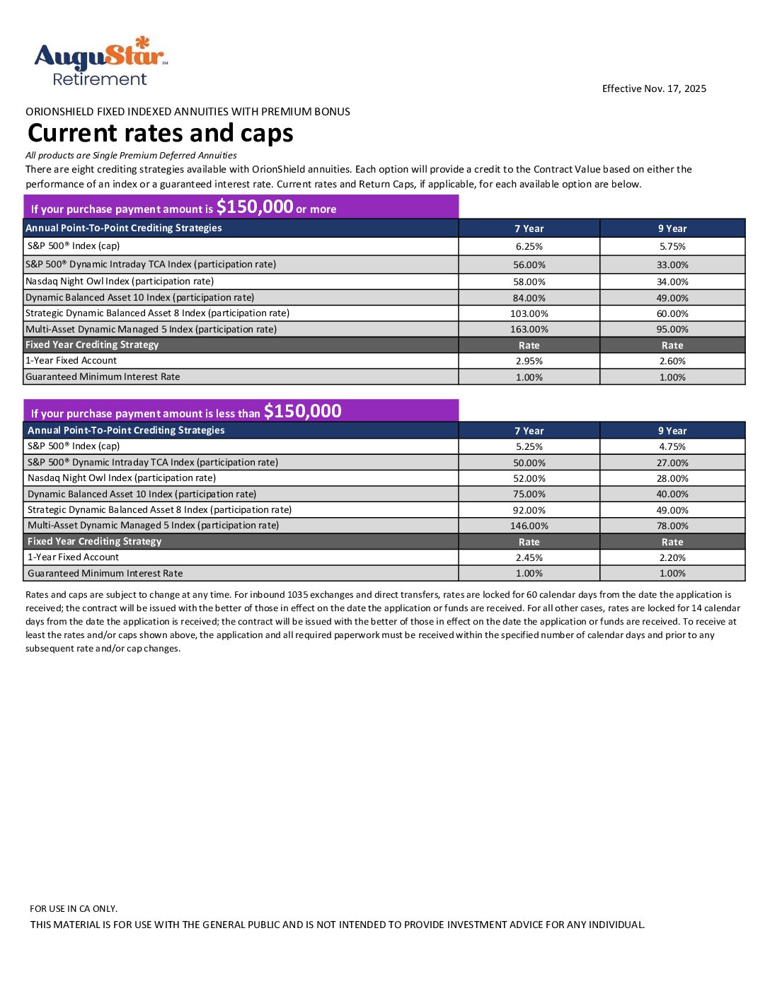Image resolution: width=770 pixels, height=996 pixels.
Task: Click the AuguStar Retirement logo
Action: [x=100, y=62]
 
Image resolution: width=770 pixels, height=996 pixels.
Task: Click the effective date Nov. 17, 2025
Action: [x=654, y=88]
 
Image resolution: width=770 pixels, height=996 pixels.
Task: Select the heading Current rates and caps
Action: [x=160, y=133]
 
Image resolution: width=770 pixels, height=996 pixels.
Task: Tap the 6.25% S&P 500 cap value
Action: [x=529, y=247]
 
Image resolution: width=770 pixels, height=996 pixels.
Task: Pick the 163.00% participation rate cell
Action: [x=529, y=330]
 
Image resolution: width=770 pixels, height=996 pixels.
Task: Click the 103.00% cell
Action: [x=529, y=313]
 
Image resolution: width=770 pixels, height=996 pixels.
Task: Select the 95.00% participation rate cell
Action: [x=672, y=330]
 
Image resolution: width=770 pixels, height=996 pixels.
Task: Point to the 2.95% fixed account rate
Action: [x=529, y=361]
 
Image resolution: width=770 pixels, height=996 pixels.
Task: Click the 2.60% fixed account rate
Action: [x=672, y=361]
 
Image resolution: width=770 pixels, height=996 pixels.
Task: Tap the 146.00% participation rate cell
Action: [x=529, y=526]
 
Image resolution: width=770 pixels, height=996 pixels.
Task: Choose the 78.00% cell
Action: [x=672, y=526]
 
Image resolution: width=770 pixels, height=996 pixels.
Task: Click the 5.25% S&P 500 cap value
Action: [x=529, y=447]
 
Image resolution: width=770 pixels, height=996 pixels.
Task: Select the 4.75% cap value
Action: [x=672, y=447]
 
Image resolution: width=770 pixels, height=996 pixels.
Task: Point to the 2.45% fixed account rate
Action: [x=529, y=558]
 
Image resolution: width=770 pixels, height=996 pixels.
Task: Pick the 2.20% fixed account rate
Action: [x=672, y=558]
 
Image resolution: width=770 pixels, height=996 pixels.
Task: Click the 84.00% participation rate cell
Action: [x=529, y=299]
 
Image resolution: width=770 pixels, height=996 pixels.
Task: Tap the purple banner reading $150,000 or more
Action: [x=241, y=207]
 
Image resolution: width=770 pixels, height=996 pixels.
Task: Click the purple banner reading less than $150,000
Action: [x=241, y=412]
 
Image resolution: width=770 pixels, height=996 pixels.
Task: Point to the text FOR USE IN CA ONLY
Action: [x=74, y=909]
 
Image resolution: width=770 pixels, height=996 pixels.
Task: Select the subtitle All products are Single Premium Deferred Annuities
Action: [x=131, y=156]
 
